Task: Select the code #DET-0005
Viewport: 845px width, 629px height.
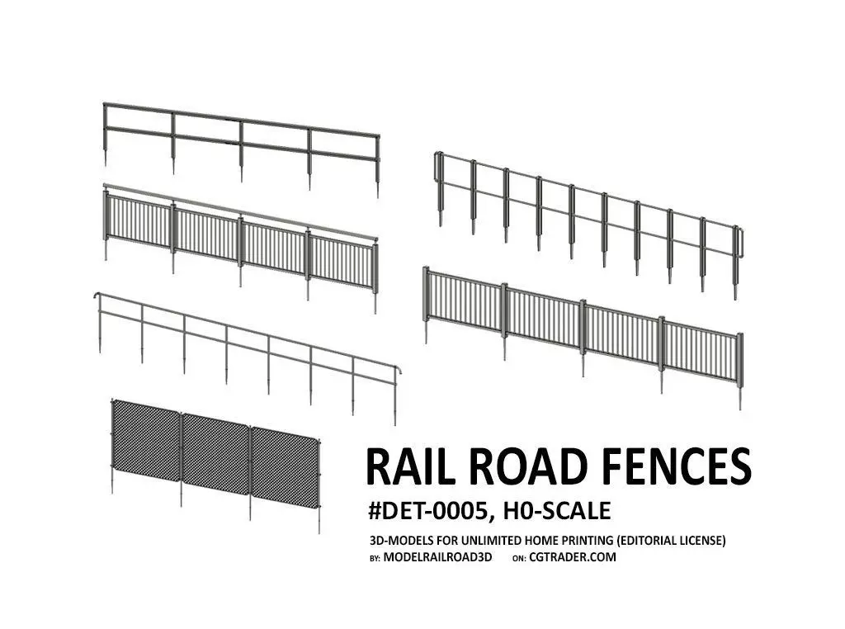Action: pyautogui.click(x=432, y=512)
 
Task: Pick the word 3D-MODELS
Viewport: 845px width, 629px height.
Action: pyautogui.click(x=399, y=541)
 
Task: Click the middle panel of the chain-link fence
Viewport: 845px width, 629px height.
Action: pyautogui.click(x=215, y=450)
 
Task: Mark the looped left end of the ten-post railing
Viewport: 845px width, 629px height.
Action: pyautogui.click(x=438, y=165)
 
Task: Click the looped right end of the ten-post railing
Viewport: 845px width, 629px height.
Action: pyautogui.click(x=740, y=240)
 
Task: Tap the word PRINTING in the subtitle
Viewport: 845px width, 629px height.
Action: pyautogui.click(x=587, y=541)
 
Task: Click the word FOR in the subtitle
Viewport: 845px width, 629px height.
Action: pyautogui.click(x=441, y=541)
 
